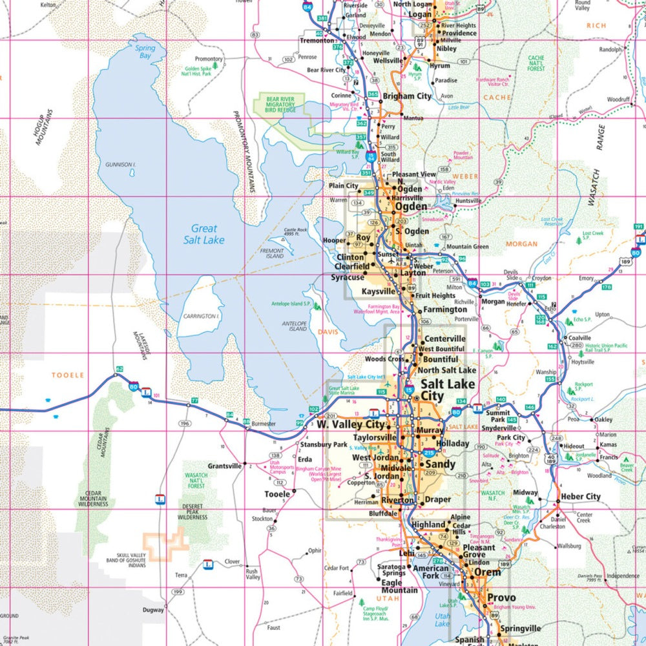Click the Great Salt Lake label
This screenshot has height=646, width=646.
point(204,234)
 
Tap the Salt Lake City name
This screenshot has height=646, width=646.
point(448,390)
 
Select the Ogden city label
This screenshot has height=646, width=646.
point(411,207)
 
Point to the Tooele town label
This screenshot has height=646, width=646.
point(278,494)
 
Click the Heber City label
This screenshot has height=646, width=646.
point(580,496)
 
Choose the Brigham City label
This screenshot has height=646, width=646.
point(407,96)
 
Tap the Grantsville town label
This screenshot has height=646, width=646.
point(224,466)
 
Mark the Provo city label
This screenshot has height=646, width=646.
point(501,598)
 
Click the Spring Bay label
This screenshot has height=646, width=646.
point(145,52)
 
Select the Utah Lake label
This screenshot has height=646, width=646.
point(442,620)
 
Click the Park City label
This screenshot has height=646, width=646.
point(511,437)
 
